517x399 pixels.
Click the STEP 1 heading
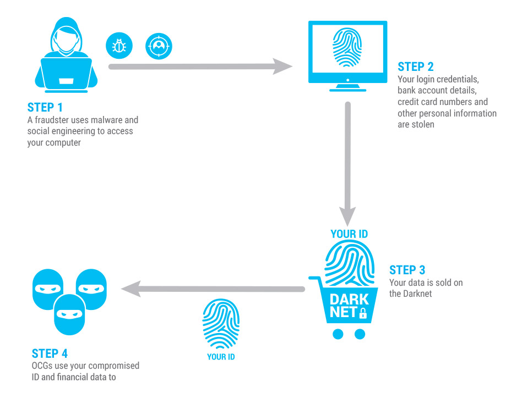(x=49, y=108)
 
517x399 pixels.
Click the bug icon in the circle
(x=119, y=47)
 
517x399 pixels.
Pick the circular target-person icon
(x=159, y=47)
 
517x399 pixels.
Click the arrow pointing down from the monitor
(x=347, y=165)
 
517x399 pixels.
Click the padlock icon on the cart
(x=363, y=314)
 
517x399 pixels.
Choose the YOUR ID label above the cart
(x=349, y=234)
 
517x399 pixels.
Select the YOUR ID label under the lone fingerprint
(x=221, y=357)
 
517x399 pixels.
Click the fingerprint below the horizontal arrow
(x=221, y=324)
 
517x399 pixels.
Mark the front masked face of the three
(x=69, y=313)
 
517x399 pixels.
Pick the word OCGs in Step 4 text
(x=42, y=365)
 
